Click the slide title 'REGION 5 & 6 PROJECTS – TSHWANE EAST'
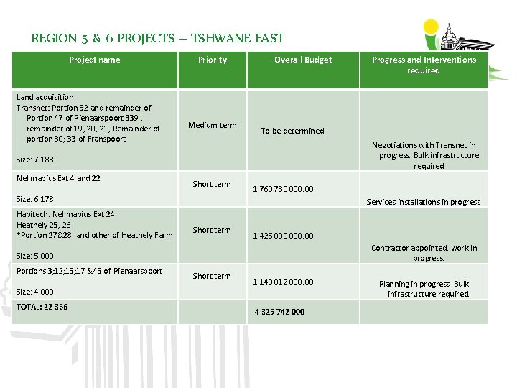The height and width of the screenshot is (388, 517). click(158, 39)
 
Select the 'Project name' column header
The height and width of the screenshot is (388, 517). click(94, 60)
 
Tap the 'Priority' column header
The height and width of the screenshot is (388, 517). click(213, 60)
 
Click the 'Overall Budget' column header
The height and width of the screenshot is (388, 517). click(303, 60)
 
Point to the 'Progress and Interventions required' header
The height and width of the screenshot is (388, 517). click(424, 65)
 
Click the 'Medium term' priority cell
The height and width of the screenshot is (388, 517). click(212, 125)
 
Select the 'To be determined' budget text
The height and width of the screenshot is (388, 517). click(292, 131)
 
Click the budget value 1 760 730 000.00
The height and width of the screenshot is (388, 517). click(283, 190)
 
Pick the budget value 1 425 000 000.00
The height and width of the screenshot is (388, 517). click(283, 236)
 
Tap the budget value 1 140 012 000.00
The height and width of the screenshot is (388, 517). click(283, 282)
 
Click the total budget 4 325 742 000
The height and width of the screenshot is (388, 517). click(279, 312)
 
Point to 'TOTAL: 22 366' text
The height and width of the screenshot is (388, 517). click(42, 307)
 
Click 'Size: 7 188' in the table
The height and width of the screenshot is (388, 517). click(34, 160)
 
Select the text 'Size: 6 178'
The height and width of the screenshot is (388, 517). click(34, 199)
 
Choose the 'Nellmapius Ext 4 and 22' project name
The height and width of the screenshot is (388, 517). click(58, 178)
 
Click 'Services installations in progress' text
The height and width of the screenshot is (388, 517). click(424, 202)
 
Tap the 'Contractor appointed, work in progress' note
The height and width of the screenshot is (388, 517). click(424, 253)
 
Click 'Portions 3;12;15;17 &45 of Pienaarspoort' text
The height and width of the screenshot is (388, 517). click(89, 271)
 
